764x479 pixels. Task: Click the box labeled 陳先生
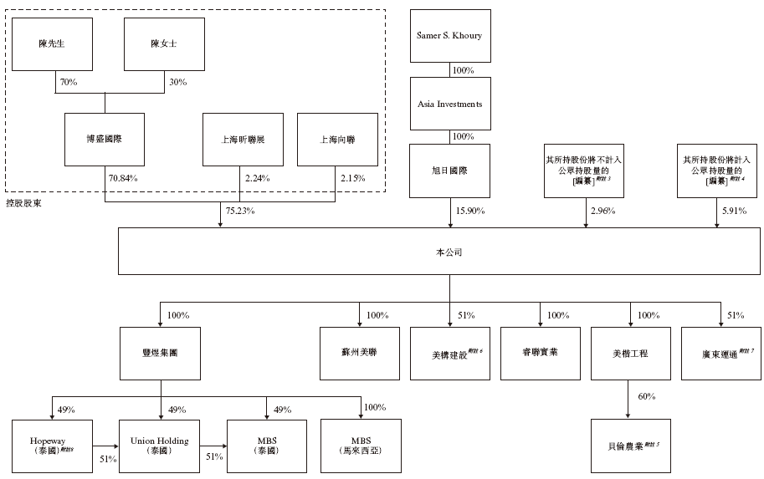click(53, 44)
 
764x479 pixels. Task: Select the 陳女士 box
click(164, 44)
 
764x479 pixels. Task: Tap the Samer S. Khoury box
click(449, 36)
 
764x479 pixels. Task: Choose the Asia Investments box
click(449, 103)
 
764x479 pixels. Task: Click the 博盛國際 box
click(105, 139)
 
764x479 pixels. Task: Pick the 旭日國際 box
click(449, 170)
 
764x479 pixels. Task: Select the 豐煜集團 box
click(159, 352)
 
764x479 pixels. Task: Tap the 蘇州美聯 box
click(360, 352)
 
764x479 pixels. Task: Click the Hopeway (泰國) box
click(53, 446)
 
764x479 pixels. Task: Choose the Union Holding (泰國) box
click(159, 446)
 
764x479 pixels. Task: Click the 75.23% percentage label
click(239, 211)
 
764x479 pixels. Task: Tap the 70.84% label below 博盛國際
click(123, 178)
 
